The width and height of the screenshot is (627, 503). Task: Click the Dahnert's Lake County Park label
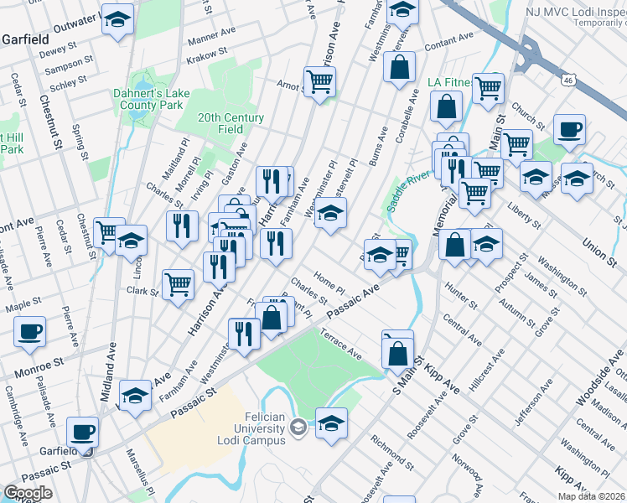pyautogui.click(x=148, y=101)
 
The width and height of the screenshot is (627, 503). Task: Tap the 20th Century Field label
pyautogui.click(x=231, y=123)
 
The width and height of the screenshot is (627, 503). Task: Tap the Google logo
pyautogui.click(x=28, y=493)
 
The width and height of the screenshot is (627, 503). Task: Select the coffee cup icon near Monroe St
pyautogui.click(x=29, y=329)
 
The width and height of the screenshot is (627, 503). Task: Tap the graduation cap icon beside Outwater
pyautogui.click(x=117, y=18)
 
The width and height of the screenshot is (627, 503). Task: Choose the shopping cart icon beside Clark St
pyautogui.click(x=178, y=284)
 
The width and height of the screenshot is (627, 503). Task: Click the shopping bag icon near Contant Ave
pyautogui.click(x=400, y=66)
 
